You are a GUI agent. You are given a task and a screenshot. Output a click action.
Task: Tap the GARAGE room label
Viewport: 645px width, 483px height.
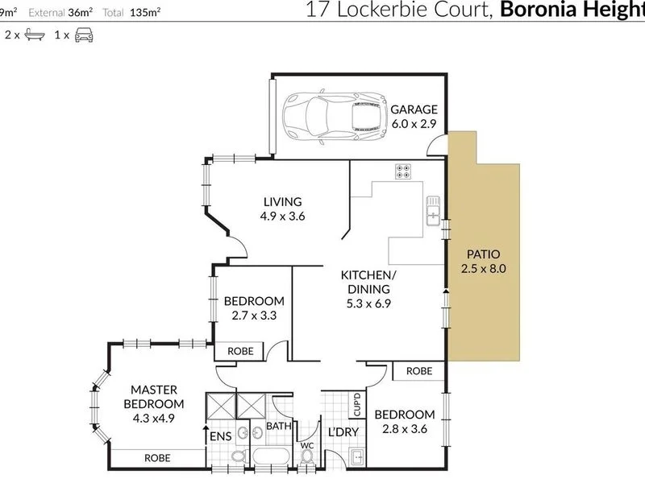pyautogui.click(x=414, y=109)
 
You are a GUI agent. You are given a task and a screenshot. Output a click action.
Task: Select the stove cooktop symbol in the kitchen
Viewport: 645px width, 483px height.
pyautogui.click(x=403, y=171)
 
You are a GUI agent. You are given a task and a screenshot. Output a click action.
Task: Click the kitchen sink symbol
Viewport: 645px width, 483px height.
pyautogui.click(x=433, y=211)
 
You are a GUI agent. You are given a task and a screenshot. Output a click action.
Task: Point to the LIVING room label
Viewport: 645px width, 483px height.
pyautogui.click(x=283, y=202)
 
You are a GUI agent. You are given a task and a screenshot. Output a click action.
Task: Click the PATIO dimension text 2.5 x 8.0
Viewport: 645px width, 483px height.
pyautogui.click(x=483, y=269)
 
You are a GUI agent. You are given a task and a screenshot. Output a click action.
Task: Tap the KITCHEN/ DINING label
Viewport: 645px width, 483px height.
pyautogui.click(x=368, y=282)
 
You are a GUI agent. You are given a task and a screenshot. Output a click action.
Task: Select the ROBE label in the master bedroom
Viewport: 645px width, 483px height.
pyautogui.click(x=157, y=458)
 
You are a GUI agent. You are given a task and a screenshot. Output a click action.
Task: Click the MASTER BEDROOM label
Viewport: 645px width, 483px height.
pyautogui.click(x=154, y=397)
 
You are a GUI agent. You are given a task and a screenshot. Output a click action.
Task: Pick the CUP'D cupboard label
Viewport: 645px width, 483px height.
pyautogui.click(x=357, y=404)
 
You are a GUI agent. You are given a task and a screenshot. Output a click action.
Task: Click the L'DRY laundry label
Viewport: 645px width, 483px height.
pyautogui.click(x=343, y=432)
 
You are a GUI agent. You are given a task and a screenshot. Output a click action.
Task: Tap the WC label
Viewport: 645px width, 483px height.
pyautogui.click(x=307, y=446)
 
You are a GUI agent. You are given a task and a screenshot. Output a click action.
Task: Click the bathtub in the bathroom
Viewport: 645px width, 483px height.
pyautogui.click(x=272, y=457)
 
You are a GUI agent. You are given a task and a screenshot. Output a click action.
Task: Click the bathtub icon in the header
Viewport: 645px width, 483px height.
pyautogui.click(x=35, y=35)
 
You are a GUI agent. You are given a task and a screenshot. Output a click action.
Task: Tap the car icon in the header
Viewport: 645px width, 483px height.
pyautogui.click(x=84, y=35)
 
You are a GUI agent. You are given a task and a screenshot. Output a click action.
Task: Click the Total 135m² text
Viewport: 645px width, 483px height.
pyautogui.click(x=131, y=13)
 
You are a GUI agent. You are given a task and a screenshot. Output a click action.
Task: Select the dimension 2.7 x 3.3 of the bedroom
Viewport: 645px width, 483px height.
pyautogui.click(x=254, y=316)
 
